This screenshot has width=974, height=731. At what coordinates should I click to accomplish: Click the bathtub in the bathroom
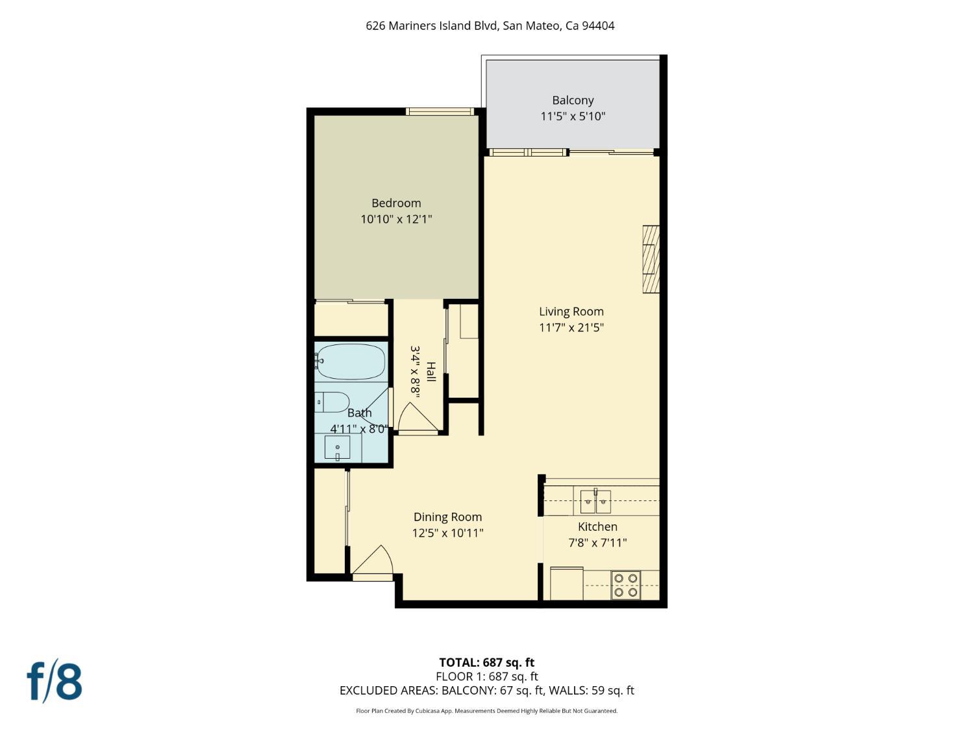(x=351, y=361)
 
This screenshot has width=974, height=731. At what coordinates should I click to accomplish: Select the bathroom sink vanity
(x=338, y=448)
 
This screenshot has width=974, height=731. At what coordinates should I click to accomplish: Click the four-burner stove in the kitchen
(x=625, y=585)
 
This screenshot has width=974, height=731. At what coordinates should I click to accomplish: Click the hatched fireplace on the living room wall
(x=651, y=259)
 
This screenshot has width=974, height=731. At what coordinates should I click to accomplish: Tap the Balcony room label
(x=573, y=100)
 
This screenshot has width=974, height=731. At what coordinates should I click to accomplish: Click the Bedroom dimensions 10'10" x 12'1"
(x=396, y=219)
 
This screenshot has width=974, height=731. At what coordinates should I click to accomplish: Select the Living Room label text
(x=571, y=311)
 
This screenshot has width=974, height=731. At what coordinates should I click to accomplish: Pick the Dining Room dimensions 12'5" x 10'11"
(x=447, y=533)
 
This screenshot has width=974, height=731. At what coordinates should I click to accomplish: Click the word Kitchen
(x=597, y=526)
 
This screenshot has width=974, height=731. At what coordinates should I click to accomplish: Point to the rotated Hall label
(x=431, y=372)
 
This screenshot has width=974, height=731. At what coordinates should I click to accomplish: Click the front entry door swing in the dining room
(x=373, y=561)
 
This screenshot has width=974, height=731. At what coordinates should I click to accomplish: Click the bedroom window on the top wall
(x=440, y=111)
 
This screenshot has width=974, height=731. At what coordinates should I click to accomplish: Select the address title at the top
(x=490, y=26)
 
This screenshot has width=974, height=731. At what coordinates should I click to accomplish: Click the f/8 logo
(x=55, y=681)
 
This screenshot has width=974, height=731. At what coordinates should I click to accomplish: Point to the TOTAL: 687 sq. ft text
(x=486, y=662)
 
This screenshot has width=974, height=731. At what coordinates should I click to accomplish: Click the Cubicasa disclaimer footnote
(x=486, y=711)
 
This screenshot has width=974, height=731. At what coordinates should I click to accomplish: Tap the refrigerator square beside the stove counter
(x=566, y=584)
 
